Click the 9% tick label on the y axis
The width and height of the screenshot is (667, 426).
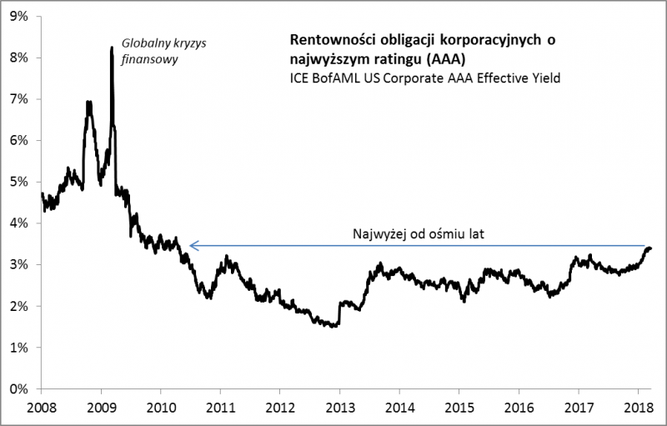pos(18,16)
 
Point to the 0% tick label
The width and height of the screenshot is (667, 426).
pos(18,388)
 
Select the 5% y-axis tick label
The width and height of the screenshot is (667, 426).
pos(18,182)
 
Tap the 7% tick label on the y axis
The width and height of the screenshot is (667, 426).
pos(18,98)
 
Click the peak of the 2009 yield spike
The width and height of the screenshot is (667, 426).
pos(112,48)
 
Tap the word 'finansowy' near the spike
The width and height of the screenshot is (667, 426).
pos(148,61)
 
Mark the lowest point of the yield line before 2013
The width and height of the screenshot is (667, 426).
pos(333,326)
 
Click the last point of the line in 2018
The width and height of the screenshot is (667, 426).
pos(650,248)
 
